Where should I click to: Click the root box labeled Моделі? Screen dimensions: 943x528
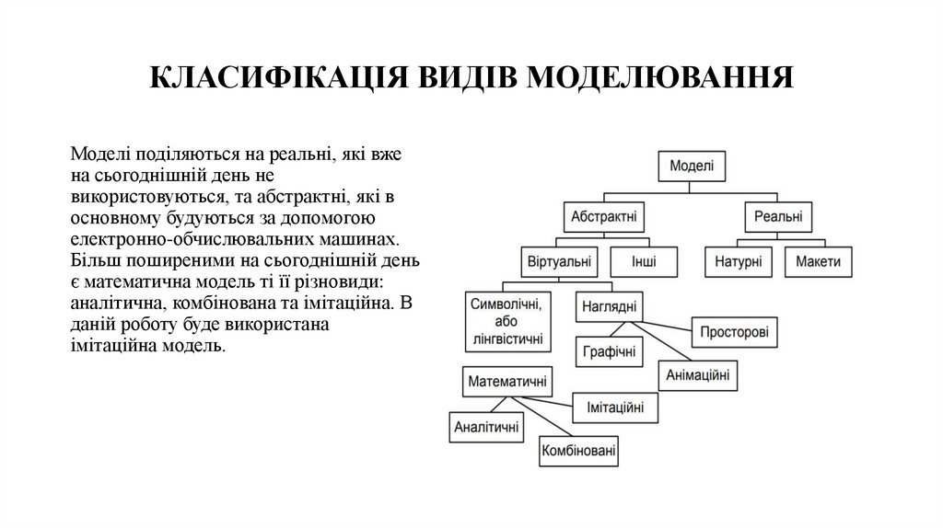691,166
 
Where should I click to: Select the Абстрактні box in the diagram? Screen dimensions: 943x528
604,218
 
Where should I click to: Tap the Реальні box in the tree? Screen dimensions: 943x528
777,218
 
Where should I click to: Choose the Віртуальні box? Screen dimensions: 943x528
558,261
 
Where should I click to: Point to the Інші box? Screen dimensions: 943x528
644,261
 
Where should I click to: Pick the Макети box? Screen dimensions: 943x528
819,261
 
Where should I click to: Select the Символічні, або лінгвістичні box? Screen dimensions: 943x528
506,322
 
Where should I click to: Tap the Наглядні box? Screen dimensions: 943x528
610,307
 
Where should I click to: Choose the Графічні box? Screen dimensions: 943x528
609,351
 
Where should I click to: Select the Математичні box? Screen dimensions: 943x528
506,381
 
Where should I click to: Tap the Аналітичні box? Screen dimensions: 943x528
486,426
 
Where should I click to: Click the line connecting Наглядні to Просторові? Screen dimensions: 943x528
668,326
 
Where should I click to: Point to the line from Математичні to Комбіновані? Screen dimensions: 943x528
539,419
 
